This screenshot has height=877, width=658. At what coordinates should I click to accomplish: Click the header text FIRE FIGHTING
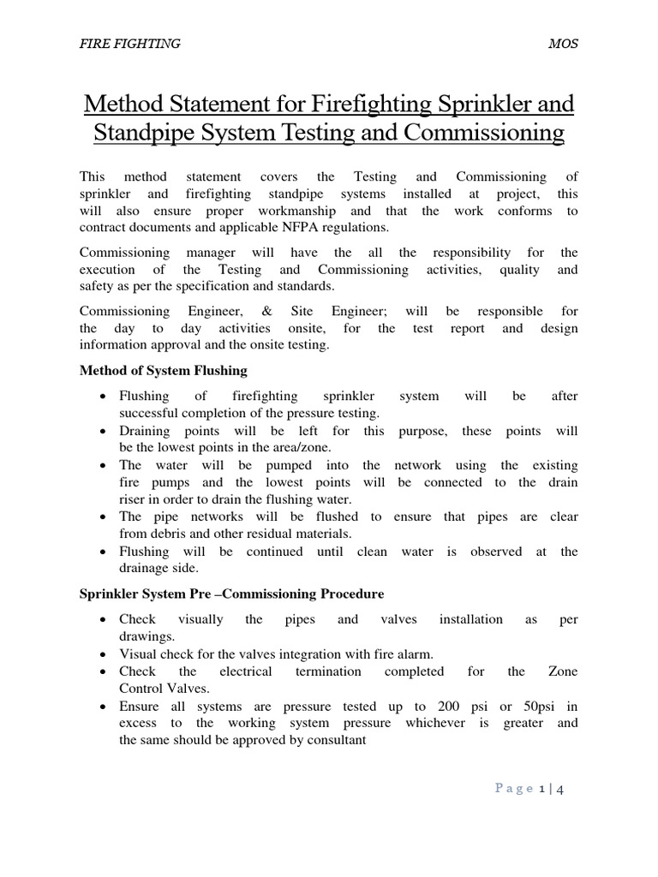pos(129,44)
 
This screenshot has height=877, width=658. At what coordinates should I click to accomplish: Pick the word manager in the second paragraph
pos(218,253)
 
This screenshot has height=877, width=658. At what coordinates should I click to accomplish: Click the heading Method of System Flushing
pos(163,371)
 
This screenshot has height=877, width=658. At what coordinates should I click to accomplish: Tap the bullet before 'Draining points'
pos(103,432)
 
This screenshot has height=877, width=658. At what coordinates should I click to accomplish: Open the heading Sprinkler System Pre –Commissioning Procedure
pos(231,594)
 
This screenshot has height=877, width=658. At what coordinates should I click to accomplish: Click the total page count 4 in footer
pos(561,789)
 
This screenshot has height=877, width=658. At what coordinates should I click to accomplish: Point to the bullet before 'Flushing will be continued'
pos(103,552)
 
